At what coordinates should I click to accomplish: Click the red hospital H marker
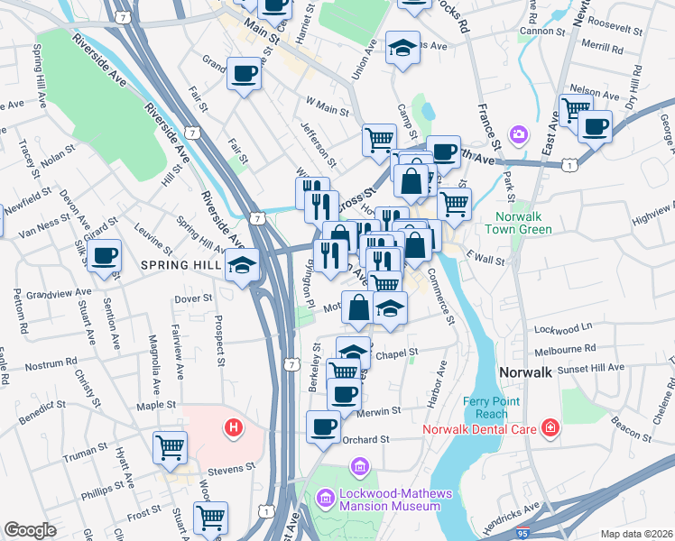tap(235, 426)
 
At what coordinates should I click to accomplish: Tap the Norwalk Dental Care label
tap(480, 428)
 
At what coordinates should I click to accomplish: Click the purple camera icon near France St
tap(518, 135)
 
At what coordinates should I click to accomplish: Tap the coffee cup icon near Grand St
tap(244, 75)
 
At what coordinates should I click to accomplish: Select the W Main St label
tap(327, 111)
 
